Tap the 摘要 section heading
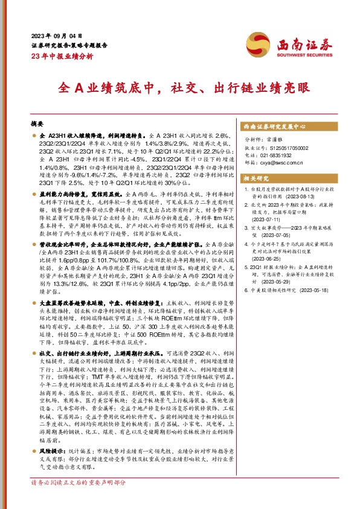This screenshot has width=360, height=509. (37, 122)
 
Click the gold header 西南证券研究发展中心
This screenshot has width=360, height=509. (273, 129)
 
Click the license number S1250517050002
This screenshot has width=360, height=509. (283, 147)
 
